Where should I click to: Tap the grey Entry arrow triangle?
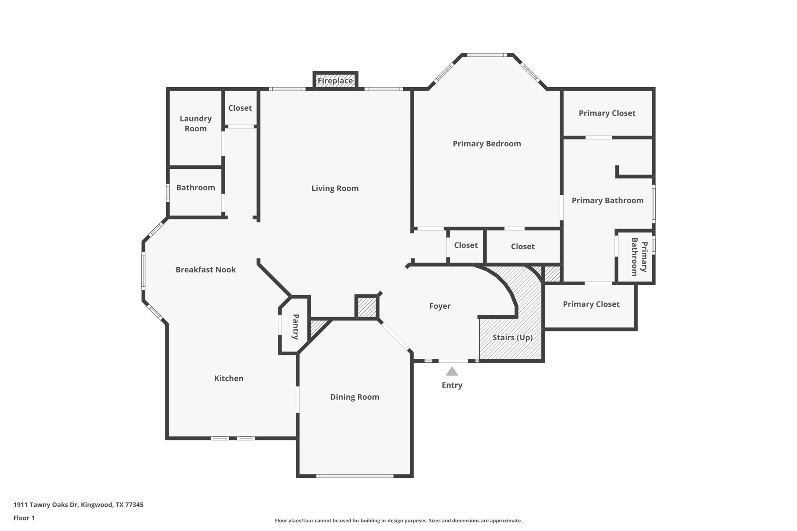pyautogui.click(x=452, y=372)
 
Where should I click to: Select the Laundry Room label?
pyautogui.click(x=196, y=124)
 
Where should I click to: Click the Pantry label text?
pyautogui.click(x=295, y=327)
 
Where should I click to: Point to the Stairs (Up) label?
pyautogui.click(x=512, y=337)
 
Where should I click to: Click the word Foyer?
pyautogui.click(x=440, y=306)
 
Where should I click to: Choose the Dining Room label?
pyautogui.click(x=354, y=397)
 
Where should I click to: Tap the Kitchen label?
pyautogui.click(x=229, y=378)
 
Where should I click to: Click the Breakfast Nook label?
pyautogui.click(x=205, y=270)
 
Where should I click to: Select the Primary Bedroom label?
pyautogui.click(x=487, y=144)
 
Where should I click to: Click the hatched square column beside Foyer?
pyautogui.click(x=367, y=307)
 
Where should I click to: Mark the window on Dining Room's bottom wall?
pyautogui.click(x=354, y=476)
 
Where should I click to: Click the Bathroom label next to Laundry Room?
pyautogui.click(x=196, y=188)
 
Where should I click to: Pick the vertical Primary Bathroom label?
pyautogui.click(x=639, y=257)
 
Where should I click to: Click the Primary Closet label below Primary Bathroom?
pyautogui.click(x=591, y=304)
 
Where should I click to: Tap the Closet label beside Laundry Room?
pyautogui.click(x=240, y=108)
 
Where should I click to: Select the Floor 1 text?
pyautogui.click(x=24, y=518)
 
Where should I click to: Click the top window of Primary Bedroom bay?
pyautogui.click(x=487, y=55)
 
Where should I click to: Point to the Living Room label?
pyautogui.click(x=335, y=188)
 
